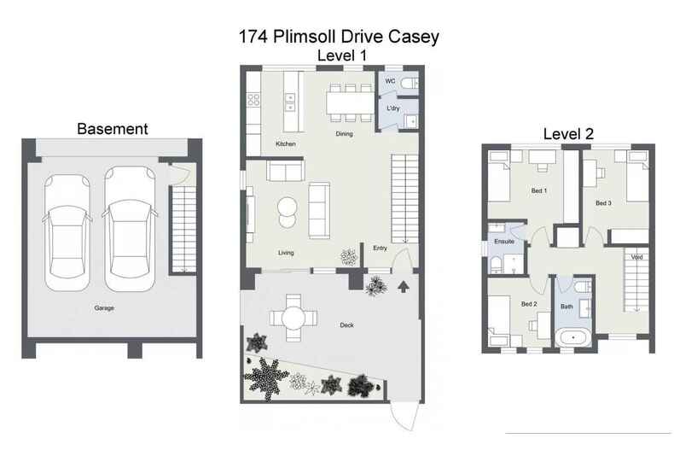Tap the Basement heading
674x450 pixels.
pos(113,129)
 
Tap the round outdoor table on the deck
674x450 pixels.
pos(293,317)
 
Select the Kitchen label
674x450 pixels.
pos(285,144)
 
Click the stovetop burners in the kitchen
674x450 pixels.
pos(253,100)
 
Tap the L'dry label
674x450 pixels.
pos(393,109)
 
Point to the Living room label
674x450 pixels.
pos(287,253)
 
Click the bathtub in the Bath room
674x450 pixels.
pos(573,336)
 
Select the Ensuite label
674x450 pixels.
pos(504,242)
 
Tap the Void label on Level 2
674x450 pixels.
pos(636,257)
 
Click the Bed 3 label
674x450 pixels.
pos(603,203)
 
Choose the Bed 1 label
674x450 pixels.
pos(538,190)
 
